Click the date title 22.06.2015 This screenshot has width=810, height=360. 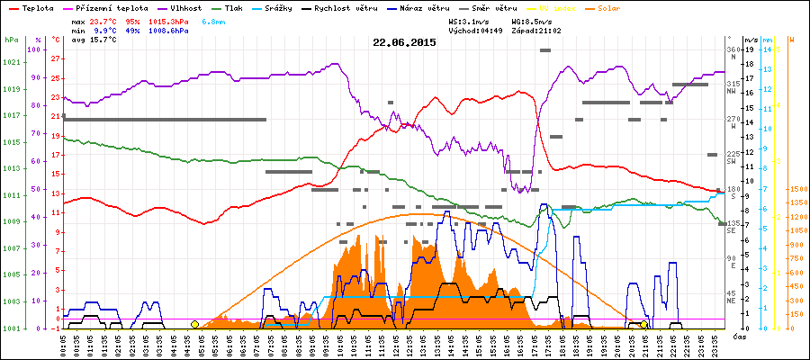(404, 41)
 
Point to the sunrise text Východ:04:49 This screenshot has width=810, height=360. (480, 30)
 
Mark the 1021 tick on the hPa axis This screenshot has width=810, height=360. (11, 61)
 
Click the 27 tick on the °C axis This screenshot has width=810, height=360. (56, 58)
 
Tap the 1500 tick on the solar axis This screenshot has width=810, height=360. (796, 190)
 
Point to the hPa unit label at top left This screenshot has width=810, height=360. (11, 40)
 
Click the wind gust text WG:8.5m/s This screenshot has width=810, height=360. (532, 20)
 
